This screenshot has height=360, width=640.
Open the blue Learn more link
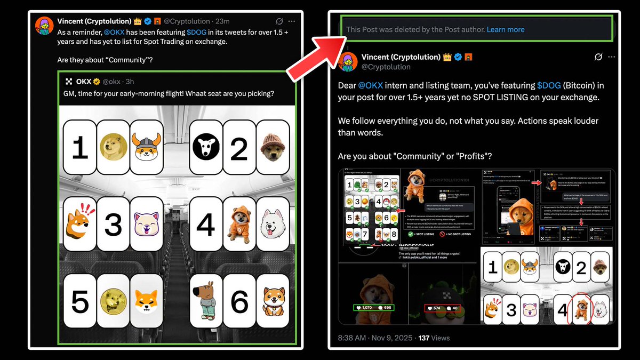(x=505, y=29)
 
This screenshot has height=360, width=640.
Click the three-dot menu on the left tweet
(x=291, y=21)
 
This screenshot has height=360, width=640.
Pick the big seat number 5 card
(x=80, y=301)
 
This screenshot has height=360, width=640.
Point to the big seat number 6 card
(x=239, y=301)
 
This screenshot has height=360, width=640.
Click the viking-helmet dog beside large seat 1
(x=146, y=148)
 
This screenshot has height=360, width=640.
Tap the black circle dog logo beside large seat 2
(x=206, y=148)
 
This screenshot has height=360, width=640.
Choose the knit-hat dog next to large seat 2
(x=273, y=148)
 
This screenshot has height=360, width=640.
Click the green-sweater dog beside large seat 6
(x=206, y=301)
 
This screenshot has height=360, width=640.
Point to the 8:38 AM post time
(x=353, y=338)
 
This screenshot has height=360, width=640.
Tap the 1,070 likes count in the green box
(x=367, y=308)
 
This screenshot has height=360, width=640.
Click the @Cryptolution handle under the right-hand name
(x=386, y=67)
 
